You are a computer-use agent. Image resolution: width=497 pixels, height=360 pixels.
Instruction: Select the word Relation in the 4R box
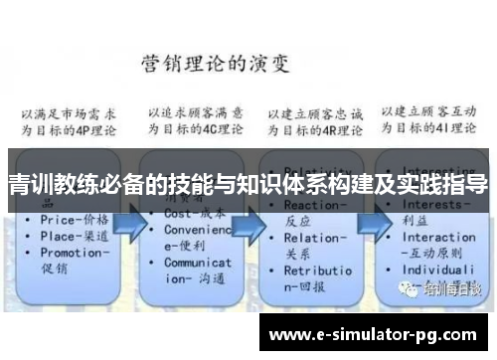312,239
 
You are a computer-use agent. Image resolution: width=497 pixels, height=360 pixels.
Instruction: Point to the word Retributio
317,270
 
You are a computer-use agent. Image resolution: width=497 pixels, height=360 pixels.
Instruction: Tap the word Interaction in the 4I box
437,239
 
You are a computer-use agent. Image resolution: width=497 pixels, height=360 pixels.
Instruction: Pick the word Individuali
437,270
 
